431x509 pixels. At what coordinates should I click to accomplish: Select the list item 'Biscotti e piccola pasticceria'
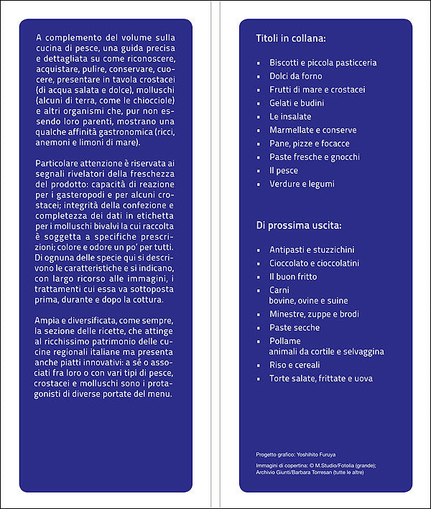323,62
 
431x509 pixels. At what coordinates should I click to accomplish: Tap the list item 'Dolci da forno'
296,76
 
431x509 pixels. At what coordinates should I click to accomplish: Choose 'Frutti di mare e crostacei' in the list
317,90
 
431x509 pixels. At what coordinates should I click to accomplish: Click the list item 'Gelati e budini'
297,103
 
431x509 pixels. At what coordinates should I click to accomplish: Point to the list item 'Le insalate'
290,116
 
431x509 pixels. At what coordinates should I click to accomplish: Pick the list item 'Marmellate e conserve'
312,130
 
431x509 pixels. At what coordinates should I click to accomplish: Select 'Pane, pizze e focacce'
310,144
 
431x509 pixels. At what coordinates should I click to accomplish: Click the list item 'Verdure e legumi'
302,184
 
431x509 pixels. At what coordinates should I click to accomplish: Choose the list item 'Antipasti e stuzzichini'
312,250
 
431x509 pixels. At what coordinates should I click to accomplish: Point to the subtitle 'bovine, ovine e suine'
308,300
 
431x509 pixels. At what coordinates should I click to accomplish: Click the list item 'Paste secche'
293,327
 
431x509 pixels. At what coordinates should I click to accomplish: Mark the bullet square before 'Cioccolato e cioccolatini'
259,264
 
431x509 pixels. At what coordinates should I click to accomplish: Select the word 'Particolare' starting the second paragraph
57,164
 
